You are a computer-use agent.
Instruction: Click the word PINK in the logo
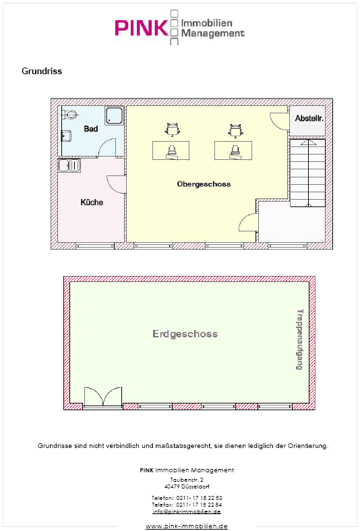click(x=142, y=28)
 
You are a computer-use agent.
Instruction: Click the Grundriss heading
click(x=42, y=71)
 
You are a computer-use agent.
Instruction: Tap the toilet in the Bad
click(x=69, y=114)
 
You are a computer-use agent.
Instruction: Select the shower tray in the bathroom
click(x=115, y=116)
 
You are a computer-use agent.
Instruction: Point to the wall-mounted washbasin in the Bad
click(x=65, y=136)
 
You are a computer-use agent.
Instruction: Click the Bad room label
click(x=91, y=129)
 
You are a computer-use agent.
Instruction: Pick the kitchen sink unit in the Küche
click(x=69, y=165)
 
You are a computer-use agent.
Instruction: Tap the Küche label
click(x=92, y=202)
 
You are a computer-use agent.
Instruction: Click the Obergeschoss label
click(x=204, y=184)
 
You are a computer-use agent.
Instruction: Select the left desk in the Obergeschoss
click(x=171, y=150)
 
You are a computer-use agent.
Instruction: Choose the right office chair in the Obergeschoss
click(x=235, y=130)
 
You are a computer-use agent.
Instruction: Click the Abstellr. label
click(x=309, y=118)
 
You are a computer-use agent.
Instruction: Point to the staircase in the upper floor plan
click(x=307, y=173)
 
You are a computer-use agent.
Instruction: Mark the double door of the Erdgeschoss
click(x=103, y=397)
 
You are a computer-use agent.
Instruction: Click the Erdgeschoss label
click(x=185, y=334)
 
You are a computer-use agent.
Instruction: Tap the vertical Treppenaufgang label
click(x=300, y=339)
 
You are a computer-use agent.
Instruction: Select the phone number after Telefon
click(x=199, y=498)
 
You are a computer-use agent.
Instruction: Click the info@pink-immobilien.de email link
click(x=187, y=511)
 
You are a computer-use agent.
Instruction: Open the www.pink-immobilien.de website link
click(x=187, y=526)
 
